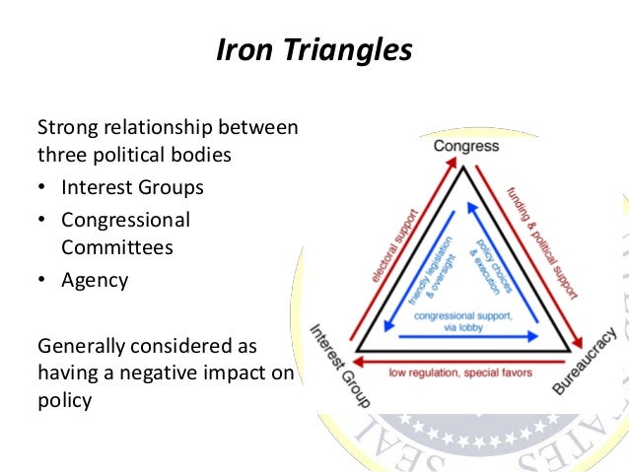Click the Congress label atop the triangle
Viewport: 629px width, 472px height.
[466, 146]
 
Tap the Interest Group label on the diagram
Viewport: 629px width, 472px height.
[340, 366]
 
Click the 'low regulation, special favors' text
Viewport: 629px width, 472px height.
[461, 373]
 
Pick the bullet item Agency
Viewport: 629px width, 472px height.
[95, 280]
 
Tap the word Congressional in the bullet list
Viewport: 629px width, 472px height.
[125, 219]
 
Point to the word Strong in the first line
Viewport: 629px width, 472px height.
[63, 127]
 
